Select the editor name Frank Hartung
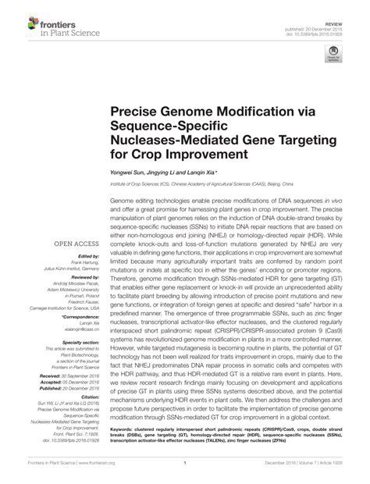84,262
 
